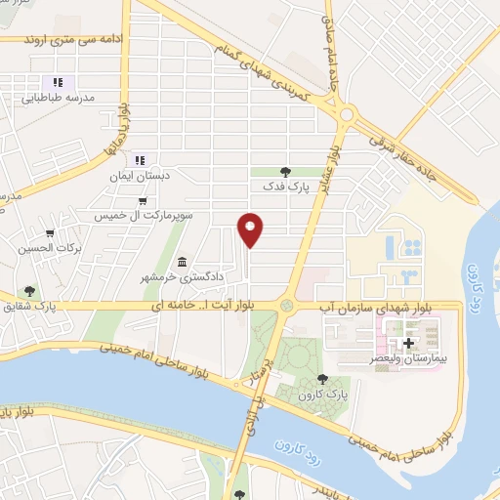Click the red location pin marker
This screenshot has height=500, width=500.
(x=251, y=229)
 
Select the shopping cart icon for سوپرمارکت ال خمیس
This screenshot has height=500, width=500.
(x=145, y=201)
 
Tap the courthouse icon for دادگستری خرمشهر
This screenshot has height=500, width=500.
(x=183, y=261)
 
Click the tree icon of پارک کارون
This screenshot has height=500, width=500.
(x=323, y=379)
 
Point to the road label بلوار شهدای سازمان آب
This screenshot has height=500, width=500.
(x=366, y=308)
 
